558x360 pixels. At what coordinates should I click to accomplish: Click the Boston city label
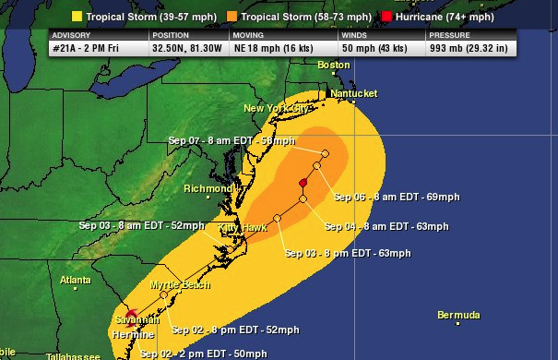(333, 66)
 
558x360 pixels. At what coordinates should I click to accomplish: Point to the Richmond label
(208, 188)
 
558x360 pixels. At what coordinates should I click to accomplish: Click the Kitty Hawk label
(242, 227)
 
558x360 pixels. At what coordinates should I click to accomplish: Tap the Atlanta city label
(76, 280)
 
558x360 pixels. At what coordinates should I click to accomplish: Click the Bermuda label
(458, 316)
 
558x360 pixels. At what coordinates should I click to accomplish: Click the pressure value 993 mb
(467, 47)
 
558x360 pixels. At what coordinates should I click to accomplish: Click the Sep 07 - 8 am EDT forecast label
(232, 140)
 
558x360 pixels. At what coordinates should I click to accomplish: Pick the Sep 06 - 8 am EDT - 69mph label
(394, 198)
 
